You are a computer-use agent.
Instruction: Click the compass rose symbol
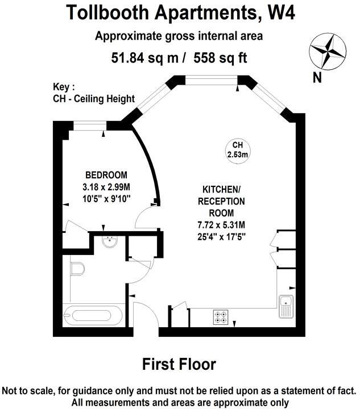pyautogui.click(x=327, y=51)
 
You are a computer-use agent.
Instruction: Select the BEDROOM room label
pyautogui.click(x=106, y=175)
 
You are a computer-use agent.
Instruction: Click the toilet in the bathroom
pyautogui.click(x=77, y=268)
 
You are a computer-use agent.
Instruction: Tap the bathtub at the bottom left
pyautogui.click(x=93, y=314)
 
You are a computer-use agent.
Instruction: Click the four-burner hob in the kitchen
pyautogui.click(x=220, y=318)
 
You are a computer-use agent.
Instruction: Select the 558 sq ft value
pyautogui.click(x=221, y=57)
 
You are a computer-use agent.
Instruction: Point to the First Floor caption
pyautogui.click(x=179, y=364)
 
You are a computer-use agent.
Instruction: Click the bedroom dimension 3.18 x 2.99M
pyautogui.click(x=106, y=187)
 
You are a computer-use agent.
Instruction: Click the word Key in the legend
pyautogui.click(x=63, y=87)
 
